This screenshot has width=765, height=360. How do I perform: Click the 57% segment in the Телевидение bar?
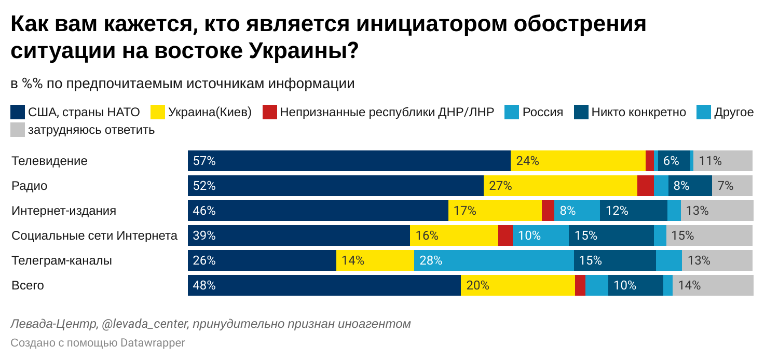point(349,161)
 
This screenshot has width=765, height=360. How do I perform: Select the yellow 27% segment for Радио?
point(560,186)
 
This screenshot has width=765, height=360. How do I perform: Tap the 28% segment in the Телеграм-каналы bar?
point(494,260)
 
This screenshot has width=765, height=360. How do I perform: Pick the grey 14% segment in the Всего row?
point(713,285)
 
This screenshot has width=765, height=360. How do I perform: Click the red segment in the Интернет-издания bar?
point(548,211)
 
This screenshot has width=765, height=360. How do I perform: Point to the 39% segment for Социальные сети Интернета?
point(298,236)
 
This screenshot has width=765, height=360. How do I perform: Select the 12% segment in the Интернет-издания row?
point(633,211)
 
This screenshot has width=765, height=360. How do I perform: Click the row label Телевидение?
point(49,161)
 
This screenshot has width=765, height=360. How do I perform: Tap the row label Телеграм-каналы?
point(62,260)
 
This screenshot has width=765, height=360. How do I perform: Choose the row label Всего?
point(28,285)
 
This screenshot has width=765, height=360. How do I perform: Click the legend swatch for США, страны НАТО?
point(18,112)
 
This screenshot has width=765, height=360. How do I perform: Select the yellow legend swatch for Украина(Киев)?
point(158,112)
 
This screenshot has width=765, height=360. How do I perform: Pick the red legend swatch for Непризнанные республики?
point(270,112)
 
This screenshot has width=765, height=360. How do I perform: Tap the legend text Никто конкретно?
point(638,112)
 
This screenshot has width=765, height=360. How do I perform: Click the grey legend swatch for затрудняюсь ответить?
point(18,130)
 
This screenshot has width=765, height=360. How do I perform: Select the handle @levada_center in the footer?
point(145,324)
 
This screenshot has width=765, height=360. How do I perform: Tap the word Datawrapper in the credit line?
point(153,343)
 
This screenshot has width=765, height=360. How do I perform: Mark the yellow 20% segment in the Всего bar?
point(517,285)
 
